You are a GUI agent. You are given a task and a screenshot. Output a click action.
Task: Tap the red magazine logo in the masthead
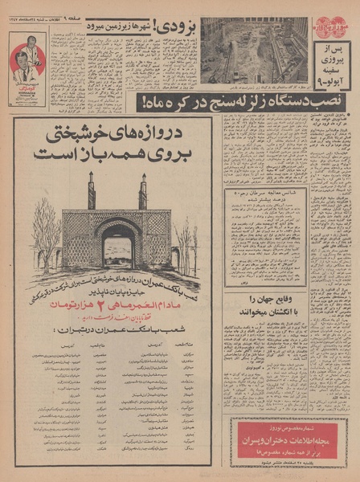[329, 27]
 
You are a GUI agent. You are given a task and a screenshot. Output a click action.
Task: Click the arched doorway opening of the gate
[118, 251]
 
